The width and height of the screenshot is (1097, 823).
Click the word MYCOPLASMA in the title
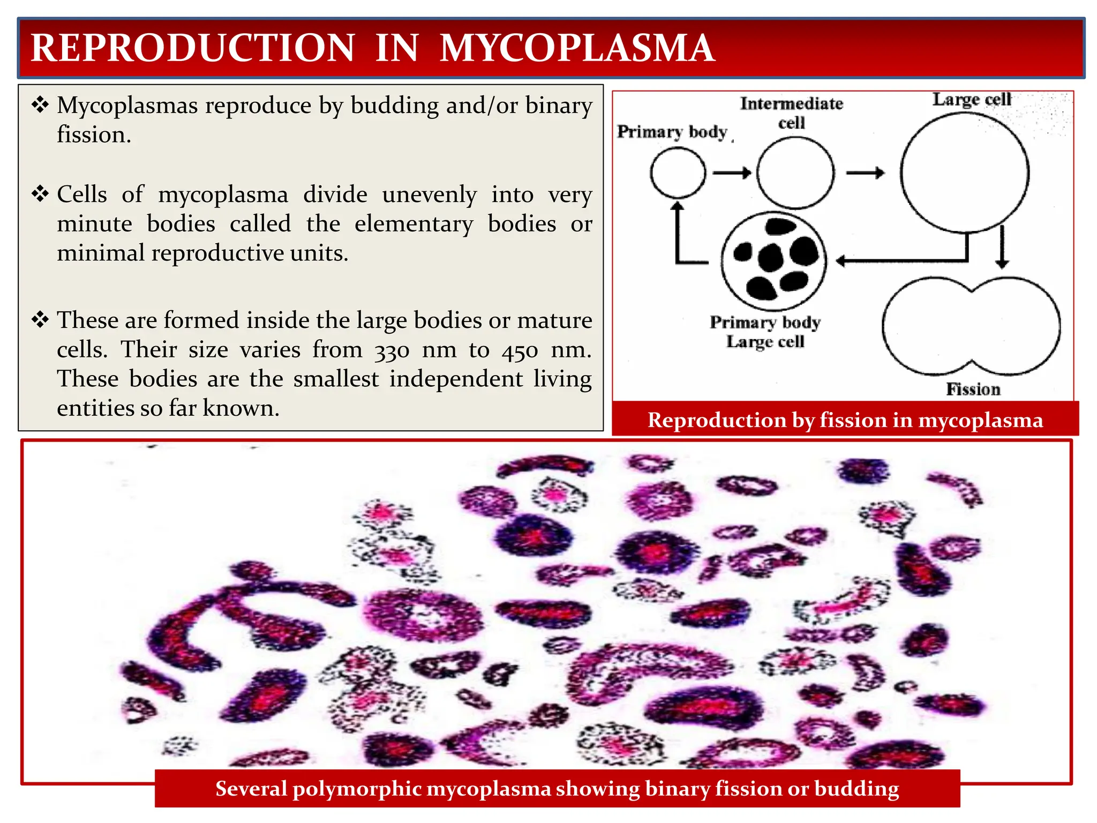pos(577,48)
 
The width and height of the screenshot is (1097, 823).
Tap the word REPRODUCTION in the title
pos(193,48)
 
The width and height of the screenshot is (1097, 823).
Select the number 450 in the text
pos(520,351)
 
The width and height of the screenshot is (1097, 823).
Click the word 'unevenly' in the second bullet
pos(429,194)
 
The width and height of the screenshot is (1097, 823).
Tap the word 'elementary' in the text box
pos(414,224)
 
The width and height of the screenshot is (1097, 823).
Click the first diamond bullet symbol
pos(40,104)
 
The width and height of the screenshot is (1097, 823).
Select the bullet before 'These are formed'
pos(40,320)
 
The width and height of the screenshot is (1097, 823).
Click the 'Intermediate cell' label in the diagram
pos(791,113)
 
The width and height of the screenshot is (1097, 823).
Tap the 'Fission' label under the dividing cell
pos(973,389)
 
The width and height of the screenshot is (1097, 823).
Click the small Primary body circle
pos(678,173)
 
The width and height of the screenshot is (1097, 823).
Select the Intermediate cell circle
pos(795,173)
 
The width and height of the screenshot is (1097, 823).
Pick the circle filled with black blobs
pos(773,261)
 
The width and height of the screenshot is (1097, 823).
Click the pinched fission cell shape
pos(971,326)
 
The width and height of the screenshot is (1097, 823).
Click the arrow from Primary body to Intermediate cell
pos(732,173)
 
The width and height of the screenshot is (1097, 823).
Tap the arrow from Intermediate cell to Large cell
pos(865,173)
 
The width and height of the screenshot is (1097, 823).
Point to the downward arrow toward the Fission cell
pos(1002,247)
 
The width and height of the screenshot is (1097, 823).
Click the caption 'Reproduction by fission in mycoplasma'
pos(845,420)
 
